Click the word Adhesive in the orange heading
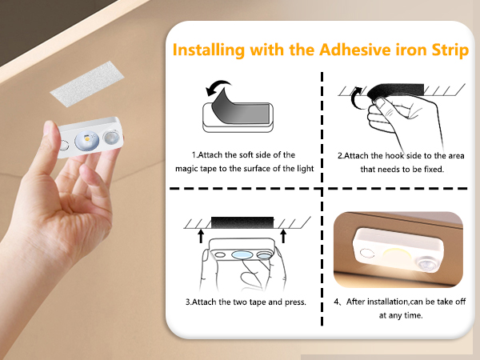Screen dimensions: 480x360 click(354, 50)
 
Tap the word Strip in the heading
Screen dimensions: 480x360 click(450, 50)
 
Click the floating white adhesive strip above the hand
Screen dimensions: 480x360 click(87, 84)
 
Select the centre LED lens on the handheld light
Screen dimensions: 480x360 click(87, 140)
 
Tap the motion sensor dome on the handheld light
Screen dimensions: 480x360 click(111, 137)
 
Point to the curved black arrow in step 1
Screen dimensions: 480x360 click(218, 87)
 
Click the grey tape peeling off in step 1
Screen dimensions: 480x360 click(238, 107)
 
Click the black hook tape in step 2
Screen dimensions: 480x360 click(397, 90)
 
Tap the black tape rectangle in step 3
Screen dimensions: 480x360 click(242, 222)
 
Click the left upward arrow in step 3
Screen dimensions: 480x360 click(201, 236)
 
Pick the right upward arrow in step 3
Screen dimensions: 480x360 click(283, 236)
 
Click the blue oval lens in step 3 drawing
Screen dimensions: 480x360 click(242, 254)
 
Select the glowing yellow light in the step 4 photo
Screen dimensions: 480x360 click(395, 257)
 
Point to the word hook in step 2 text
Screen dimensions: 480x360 click(394, 155)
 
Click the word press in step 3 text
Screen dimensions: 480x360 click(295, 302)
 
